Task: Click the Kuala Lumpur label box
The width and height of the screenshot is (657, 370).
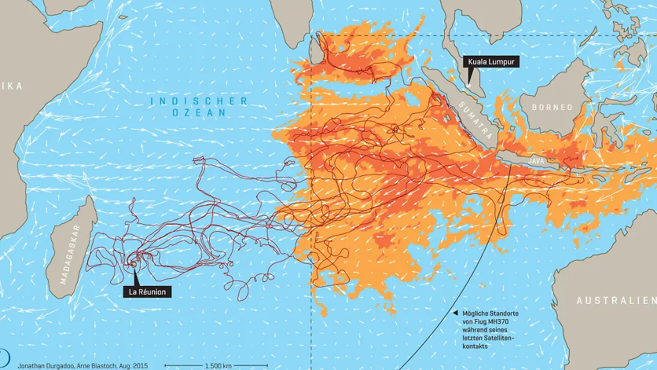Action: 490,62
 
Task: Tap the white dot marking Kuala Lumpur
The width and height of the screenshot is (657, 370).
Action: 470,83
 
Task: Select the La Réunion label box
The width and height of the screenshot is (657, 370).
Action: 147,292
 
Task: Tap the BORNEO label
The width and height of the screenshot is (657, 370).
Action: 551,107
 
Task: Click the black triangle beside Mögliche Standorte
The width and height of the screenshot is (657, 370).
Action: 456,313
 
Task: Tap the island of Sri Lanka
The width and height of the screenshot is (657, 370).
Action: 316,51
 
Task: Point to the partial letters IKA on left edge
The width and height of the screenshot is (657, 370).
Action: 12,86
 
